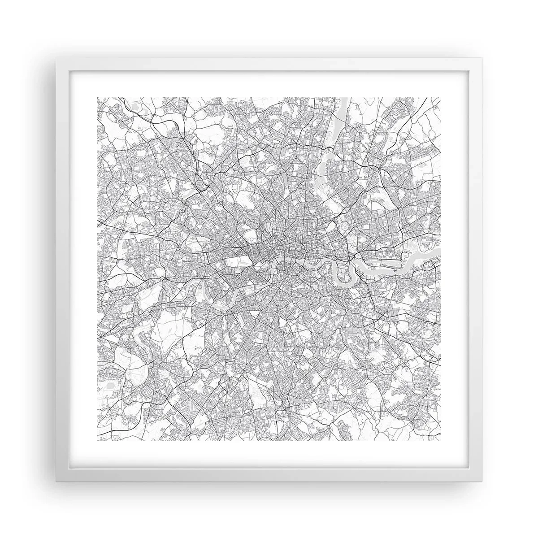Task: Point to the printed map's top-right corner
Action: [441, 97]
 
